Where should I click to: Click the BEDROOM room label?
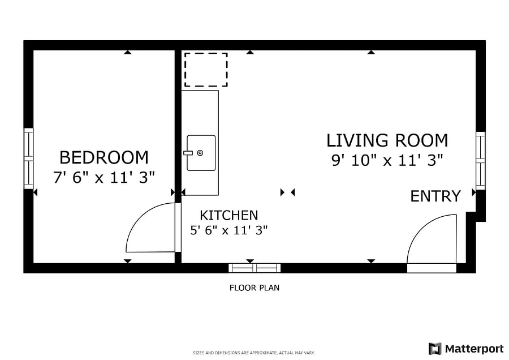pos(104,157)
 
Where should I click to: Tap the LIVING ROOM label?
pos(387,140)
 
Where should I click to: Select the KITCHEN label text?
pos(229,215)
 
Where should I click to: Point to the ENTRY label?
pos(435,196)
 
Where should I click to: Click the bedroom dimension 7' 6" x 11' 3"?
pos(104,177)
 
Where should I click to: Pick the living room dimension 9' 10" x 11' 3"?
pos(387,160)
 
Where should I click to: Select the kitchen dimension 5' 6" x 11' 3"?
pos(229,230)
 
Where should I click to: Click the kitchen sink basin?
pos(201,153)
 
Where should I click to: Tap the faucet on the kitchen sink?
pos(188,153)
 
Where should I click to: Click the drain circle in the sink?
pos(200,153)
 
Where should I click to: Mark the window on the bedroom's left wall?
pos(29,158)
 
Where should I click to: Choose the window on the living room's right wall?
pos(480,161)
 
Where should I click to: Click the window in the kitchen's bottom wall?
pos(255,268)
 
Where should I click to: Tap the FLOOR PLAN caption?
pos(255,288)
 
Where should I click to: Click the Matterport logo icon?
pos(435,349)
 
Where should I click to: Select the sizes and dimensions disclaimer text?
pos(254,353)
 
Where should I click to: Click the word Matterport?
pos(475,349)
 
